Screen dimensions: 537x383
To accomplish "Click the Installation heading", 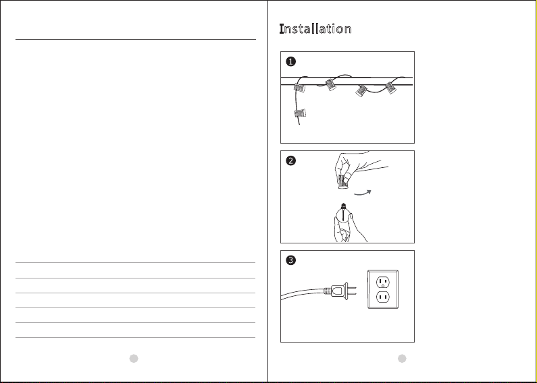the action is point(315,29).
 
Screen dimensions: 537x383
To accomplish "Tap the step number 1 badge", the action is point(290,61).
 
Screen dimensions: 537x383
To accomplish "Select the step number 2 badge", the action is point(290,160).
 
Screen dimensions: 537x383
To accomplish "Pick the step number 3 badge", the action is point(290,260).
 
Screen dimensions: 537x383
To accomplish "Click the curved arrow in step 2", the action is point(362,194).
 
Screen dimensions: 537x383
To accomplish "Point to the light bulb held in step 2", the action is point(343,214).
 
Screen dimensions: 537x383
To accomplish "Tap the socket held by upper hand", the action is point(343,181).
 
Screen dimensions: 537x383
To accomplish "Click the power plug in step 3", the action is point(340,291).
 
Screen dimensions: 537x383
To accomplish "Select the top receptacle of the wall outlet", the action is point(383,283).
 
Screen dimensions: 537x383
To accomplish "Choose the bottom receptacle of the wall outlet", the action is point(383,297).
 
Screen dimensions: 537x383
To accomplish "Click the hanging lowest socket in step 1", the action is point(300,113).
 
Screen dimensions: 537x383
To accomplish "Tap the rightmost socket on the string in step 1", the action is point(391,88).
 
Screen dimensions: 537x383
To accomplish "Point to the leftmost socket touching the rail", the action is point(299,88).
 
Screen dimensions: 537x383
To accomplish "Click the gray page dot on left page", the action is point(134,358).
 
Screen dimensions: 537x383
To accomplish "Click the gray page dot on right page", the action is point(402,358).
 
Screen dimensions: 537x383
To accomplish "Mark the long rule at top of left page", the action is point(136,39).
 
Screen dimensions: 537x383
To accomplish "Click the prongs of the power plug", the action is point(353,291).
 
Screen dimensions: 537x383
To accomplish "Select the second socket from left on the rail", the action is point(330,84).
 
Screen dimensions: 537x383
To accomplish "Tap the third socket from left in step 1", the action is point(361,91).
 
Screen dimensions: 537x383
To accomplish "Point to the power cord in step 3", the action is point(303,293).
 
